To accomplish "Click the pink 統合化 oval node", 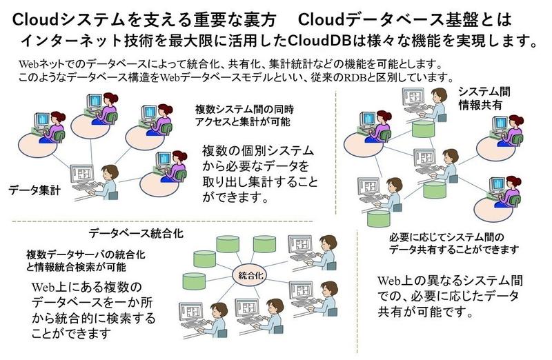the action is pyautogui.click(x=250, y=276).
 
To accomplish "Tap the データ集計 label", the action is pyautogui.click(x=34, y=190).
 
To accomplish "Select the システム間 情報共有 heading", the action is pyautogui.click(x=484, y=99).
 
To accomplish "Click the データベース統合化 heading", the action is pyautogui.click(x=136, y=233).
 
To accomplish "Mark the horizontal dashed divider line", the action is pyautogui.click(x=162, y=221).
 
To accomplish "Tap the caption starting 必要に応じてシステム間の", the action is pyautogui.click(x=454, y=243).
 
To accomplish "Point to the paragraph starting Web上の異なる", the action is pyautogui.click(x=450, y=296).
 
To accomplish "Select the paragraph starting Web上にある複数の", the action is pyautogui.click(x=93, y=310).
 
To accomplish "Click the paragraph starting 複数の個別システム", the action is pyautogui.click(x=260, y=174).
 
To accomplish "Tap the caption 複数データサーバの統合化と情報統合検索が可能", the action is pyautogui.click(x=86, y=261).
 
